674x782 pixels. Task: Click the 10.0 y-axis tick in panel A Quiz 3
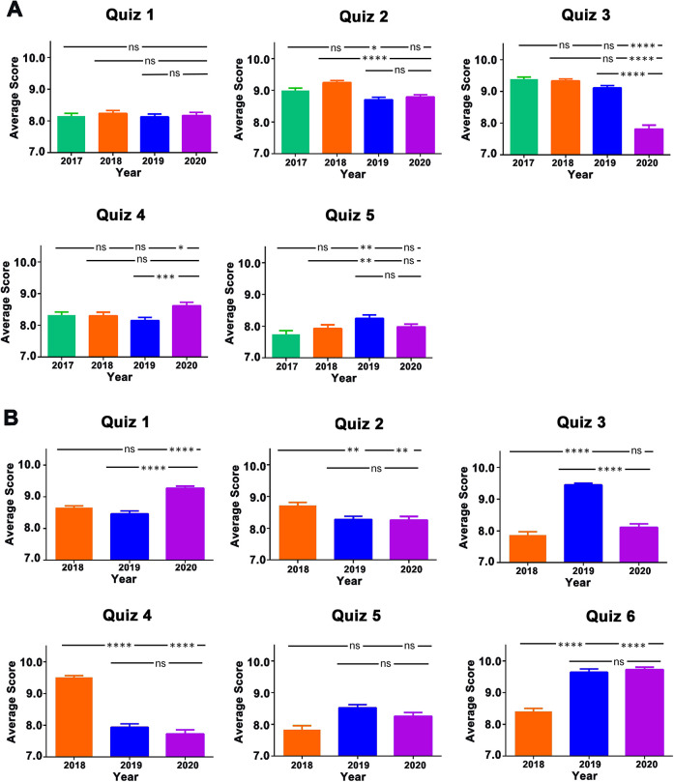[494, 59]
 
